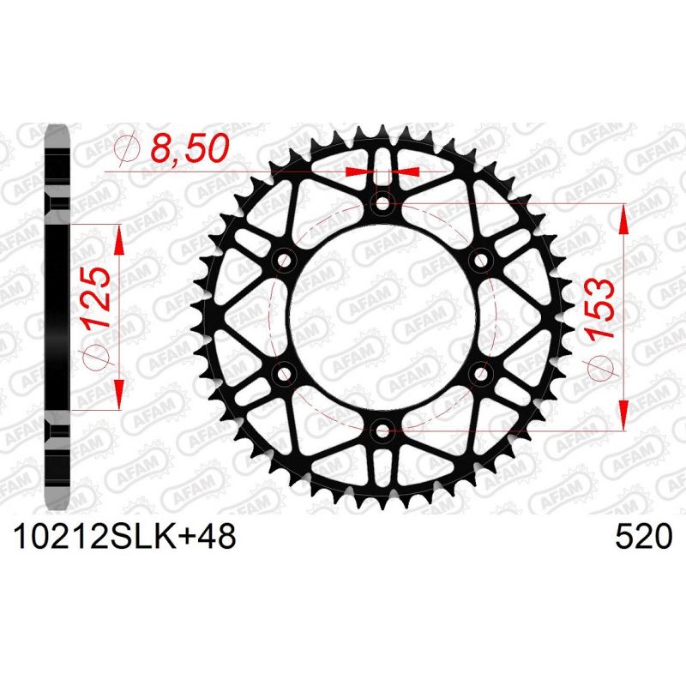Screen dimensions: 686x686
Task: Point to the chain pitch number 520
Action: tap(642, 538)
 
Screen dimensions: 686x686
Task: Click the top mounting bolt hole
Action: tap(383, 204)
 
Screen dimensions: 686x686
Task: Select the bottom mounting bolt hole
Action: tap(383, 429)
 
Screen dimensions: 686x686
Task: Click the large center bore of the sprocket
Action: tap(383, 316)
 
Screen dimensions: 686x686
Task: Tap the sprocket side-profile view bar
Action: tap(57, 317)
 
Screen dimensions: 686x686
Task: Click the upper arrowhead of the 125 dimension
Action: tap(118, 238)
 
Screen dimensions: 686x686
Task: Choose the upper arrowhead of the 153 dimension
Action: tap(624, 218)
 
